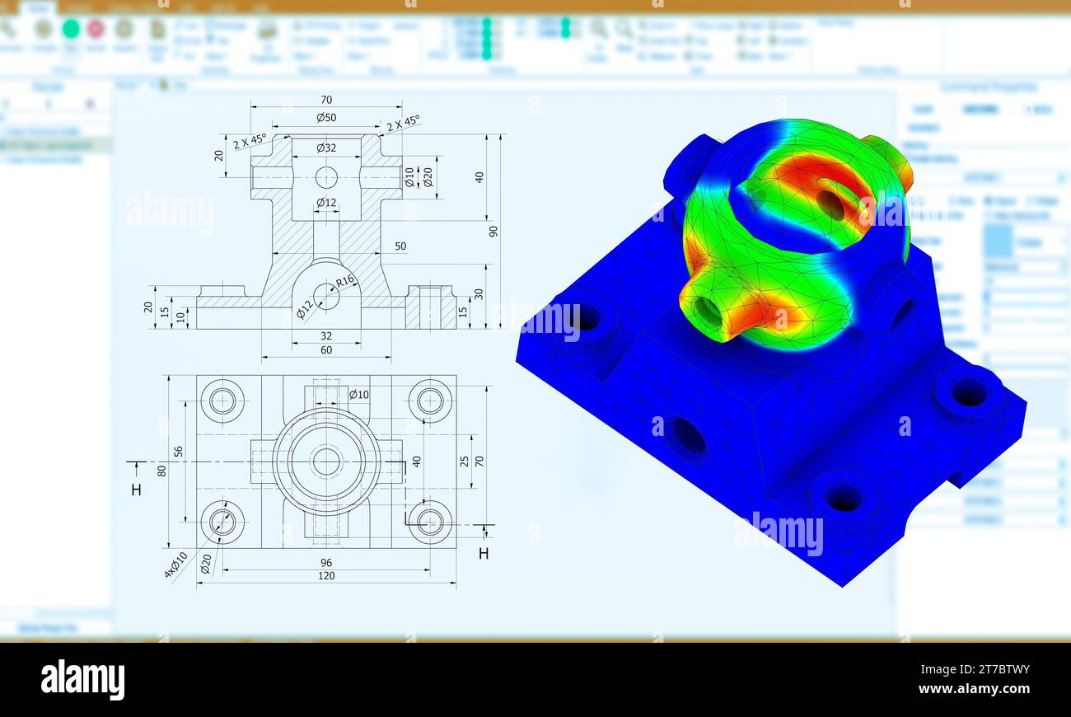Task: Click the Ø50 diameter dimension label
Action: (x=326, y=118)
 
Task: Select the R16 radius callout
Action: (x=344, y=281)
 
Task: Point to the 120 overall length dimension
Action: (x=326, y=576)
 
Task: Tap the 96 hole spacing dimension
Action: (x=326, y=562)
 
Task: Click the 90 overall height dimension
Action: (x=493, y=231)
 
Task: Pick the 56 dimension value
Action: (x=178, y=452)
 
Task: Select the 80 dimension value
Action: (x=162, y=471)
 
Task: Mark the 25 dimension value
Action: (x=465, y=461)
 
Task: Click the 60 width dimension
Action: (x=326, y=350)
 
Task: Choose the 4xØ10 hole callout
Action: (x=175, y=565)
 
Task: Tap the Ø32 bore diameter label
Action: (x=326, y=148)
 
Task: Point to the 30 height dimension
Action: (x=479, y=294)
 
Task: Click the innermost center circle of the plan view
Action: (x=326, y=462)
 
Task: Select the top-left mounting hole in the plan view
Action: (x=222, y=401)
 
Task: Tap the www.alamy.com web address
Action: (x=974, y=689)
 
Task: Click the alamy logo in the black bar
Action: (x=82, y=680)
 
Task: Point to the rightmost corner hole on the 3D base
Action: (x=969, y=392)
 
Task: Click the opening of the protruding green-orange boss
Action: (x=708, y=311)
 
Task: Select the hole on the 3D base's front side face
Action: (x=688, y=435)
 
